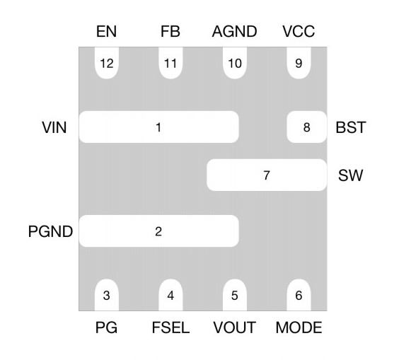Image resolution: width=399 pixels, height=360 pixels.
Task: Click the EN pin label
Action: pos(107,32)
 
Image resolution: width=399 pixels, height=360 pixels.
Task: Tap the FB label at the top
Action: pos(170,32)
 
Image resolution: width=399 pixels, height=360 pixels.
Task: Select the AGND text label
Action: pos(234,32)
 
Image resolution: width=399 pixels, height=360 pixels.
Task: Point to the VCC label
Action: pos(299,32)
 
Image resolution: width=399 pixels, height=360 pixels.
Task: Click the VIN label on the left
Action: pos(54,128)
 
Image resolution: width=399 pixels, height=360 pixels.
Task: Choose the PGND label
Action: pos(51,231)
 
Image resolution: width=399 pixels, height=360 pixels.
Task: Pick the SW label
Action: pos(351,175)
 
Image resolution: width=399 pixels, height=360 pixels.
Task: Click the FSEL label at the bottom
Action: pos(170,327)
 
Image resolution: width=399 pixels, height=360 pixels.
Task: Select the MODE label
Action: pos(299,327)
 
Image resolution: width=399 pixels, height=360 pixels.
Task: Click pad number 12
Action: pos(107,63)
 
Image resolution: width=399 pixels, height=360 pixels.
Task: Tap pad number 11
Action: pos(170,63)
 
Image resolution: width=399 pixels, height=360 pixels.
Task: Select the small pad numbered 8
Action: pos(306,128)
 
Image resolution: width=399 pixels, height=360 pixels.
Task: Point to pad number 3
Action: pos(106,296)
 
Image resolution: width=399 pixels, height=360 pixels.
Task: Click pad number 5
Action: pos(234,296)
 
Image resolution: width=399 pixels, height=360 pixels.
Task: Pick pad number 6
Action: pos(299,296)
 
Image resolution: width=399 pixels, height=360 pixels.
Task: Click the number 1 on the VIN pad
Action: pos(158,128)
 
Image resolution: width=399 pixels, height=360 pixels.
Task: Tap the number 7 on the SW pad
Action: pos(266,175)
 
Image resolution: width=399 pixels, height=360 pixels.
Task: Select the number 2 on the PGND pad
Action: pos(158,231)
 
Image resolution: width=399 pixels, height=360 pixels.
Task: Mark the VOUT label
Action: pos(234,327)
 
